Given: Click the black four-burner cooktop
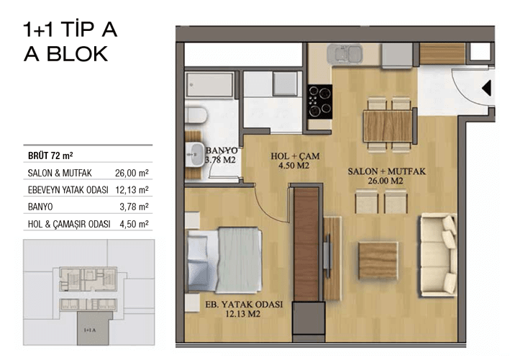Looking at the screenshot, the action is point(320,102).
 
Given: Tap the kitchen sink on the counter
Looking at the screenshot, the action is point(345,54).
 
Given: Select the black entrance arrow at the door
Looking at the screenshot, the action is point(486,89).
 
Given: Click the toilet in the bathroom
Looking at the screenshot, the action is point(196,115).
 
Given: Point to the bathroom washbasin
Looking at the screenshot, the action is point(194,155).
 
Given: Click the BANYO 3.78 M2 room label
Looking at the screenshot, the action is point(222,156).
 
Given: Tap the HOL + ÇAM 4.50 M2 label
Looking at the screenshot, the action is point(295,161).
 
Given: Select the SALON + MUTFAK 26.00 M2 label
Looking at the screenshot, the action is point(386,176).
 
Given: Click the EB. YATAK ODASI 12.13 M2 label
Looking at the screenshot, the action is point(244,309).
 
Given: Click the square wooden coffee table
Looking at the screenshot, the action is point(378,261).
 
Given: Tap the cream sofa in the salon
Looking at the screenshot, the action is point(438,255).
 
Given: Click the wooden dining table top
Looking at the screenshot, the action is point(388,126).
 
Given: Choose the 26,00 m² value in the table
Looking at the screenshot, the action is point(132,173).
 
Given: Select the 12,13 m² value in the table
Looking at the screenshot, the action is point(132,190).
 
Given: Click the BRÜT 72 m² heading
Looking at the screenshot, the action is point(50,156).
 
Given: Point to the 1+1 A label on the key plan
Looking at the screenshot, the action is point(90,330).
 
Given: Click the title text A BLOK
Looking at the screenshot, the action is point(66,54).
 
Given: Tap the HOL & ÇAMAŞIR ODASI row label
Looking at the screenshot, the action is point(69,224).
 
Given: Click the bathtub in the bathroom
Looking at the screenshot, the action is point(210,85).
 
